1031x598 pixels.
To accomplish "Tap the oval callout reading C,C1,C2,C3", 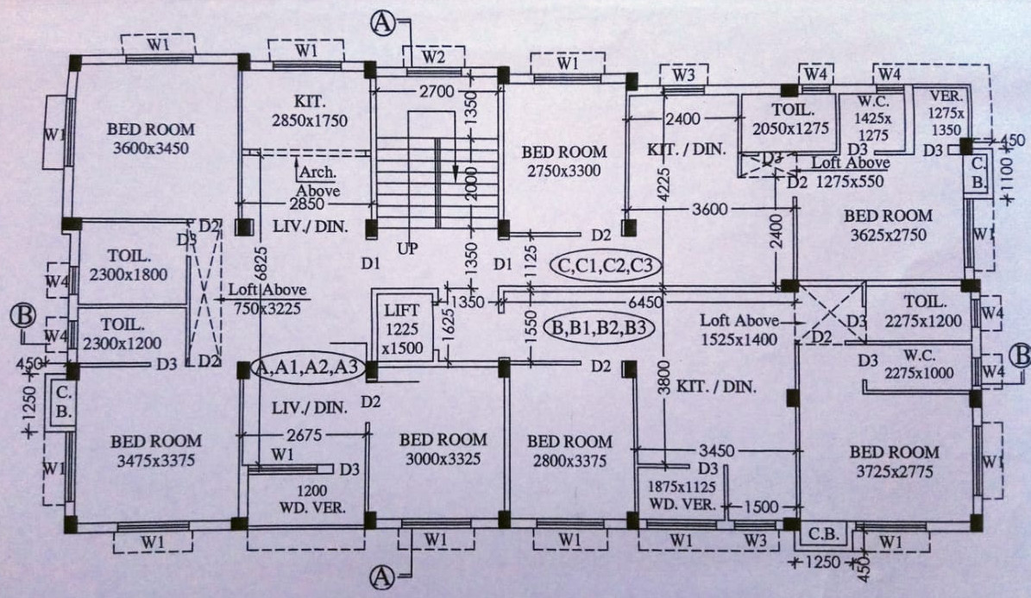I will [605, 265].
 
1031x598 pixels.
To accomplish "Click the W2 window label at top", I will [434, 57].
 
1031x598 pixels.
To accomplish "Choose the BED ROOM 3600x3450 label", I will [151, 138].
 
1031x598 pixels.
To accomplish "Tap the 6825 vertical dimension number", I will [258, 268].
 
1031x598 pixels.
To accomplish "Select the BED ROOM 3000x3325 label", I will [443, 448].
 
